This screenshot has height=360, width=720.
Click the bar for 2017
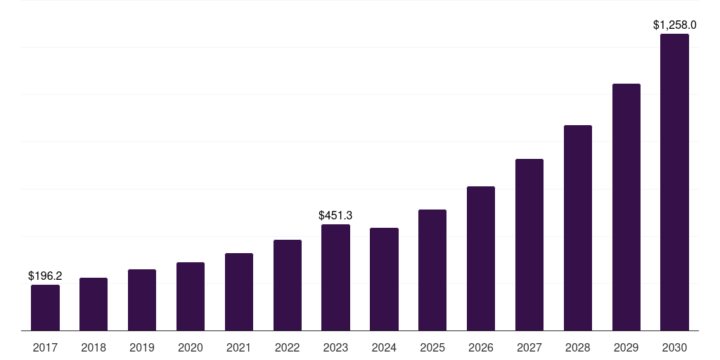[45, 307]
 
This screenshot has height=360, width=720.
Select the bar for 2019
[142, 300]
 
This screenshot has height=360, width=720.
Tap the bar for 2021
[239, 292]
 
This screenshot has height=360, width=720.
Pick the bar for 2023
[335, 277]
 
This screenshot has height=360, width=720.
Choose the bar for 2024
[384, 279]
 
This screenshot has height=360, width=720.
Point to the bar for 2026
[481, 258]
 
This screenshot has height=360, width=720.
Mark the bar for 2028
[578, 228]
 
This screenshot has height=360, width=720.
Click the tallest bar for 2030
[674, 182]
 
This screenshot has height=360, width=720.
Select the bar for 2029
[626, 207]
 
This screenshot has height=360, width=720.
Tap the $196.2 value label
[45, 276]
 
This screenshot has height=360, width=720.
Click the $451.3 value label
[335, 215]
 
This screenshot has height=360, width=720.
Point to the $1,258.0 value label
[674, 25]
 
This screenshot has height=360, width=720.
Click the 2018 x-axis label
[94, 347]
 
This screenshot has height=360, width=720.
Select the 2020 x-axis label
[191, 347]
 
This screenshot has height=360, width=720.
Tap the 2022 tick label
[288, 347]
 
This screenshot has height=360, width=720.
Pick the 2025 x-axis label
[432, 347]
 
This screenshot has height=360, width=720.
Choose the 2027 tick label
[529, 347]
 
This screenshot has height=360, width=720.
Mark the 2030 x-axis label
[674, 347]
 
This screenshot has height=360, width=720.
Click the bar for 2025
[432, 270]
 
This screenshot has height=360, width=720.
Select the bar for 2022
[288, 285]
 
